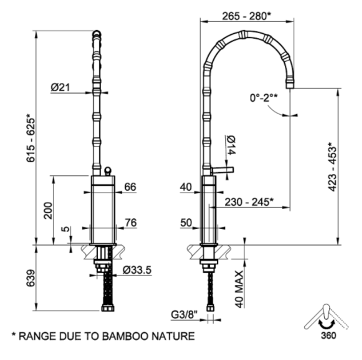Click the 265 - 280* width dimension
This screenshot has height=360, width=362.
coord(246,16)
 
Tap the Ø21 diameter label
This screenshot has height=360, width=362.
coord(60,87)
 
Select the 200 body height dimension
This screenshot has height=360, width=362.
coord(48,210)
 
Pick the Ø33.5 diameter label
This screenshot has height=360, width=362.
coord(137,271)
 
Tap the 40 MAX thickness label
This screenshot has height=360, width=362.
coord(239,289)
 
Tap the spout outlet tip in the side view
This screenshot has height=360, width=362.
coord(290,83)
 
